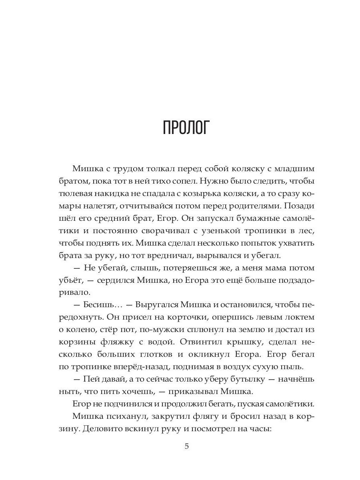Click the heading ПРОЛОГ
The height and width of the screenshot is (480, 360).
tap(186, 127)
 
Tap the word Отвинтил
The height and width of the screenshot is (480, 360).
tap(200, 342)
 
